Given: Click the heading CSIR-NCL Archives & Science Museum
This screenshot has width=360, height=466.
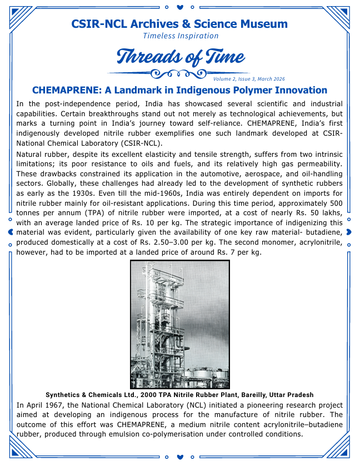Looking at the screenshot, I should (x=179, y=24).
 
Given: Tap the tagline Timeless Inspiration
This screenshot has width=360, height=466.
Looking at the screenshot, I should (x=181, y=36).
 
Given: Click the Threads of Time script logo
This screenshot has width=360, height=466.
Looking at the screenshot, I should (x=180, y=57).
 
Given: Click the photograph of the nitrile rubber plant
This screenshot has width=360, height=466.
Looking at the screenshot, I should (x=179, y=325).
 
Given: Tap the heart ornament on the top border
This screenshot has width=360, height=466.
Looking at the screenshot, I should (x=179, y=8).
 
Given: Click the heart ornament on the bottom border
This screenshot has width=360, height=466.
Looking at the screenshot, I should (x=179, y=458).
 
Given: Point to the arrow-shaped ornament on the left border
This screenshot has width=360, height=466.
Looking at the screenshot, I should (x=11, y=232).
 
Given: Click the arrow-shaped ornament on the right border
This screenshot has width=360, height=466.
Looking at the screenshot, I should (x=349, y=232).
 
